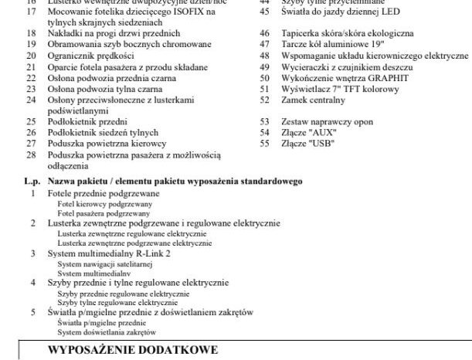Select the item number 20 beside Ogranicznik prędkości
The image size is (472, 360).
pos(32,56)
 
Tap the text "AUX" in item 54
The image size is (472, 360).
pos(304,132)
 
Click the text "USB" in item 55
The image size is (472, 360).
pos(304,144)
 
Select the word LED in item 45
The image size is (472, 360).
pos(387,12)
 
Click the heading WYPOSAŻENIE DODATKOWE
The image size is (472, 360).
pos(133,350)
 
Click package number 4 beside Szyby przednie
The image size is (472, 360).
pos(32,283)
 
